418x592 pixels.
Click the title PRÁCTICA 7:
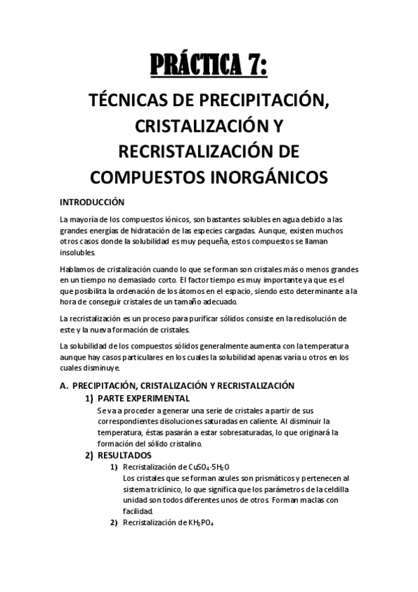[x=209, y=68]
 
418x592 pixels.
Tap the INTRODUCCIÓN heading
[x=92, y=202]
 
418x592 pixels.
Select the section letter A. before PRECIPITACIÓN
[x=64, y=385]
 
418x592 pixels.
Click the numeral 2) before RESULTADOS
[x=89, y=455]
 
